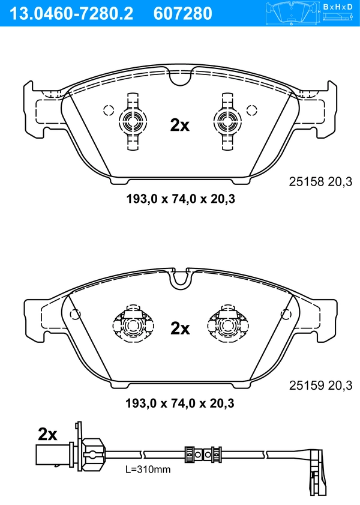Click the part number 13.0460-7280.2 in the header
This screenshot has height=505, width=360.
click(x=70, y=13)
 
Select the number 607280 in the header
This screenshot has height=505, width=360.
click(x=184, y=13)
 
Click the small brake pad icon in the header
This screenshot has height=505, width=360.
click(x=292, y=11)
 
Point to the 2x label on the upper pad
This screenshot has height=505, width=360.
click(x=179, y=125)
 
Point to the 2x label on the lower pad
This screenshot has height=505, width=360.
click(x=180, y=328)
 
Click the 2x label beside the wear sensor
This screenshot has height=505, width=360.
click(x=47, y=434)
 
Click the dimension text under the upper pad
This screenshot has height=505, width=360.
click(x=179, y=199)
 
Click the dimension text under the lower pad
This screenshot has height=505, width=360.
click(x=179, y=402)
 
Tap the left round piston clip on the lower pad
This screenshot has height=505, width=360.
click(x=131, y=326)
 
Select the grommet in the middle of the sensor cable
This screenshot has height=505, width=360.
click(x=200, y=454)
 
